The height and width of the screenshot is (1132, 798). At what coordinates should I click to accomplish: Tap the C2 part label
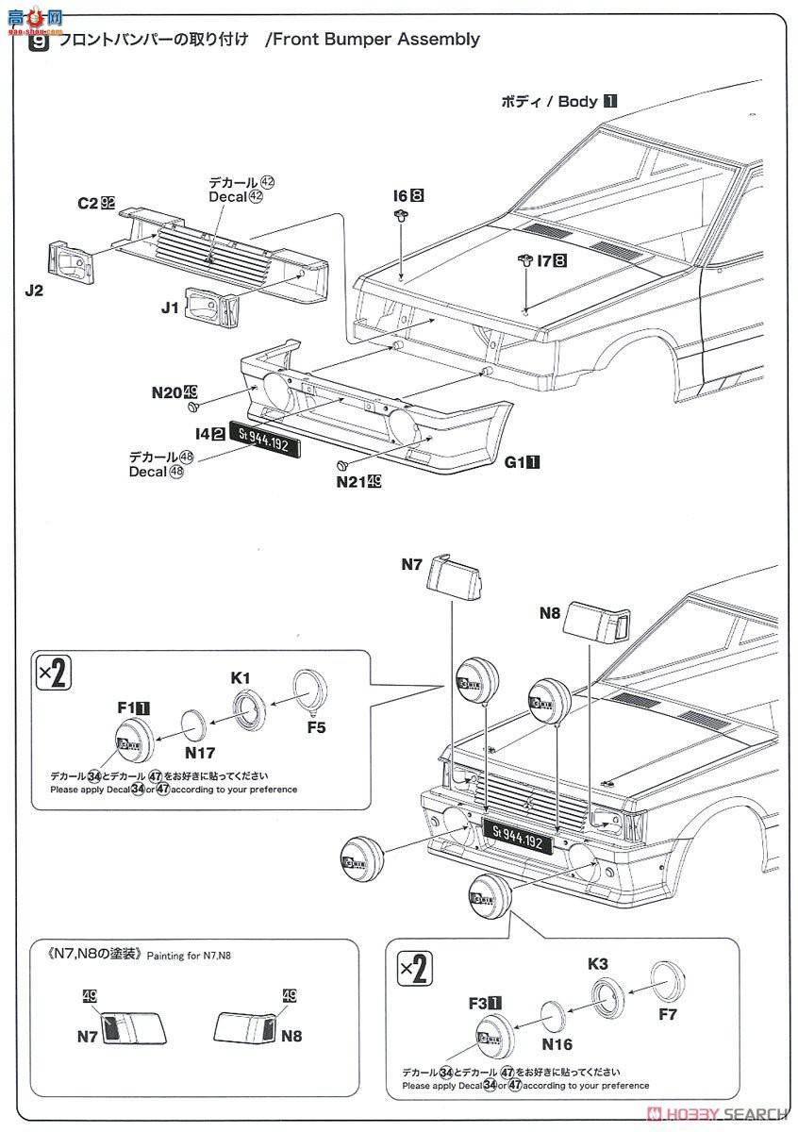click(89, 202)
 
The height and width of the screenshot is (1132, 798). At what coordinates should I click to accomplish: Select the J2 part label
click(33, 291)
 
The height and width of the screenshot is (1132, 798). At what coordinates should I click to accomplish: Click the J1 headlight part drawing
click(210, 305)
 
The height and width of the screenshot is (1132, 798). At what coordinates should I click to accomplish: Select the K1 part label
click(241, 677)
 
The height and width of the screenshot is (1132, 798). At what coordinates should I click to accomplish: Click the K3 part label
click(598, 964)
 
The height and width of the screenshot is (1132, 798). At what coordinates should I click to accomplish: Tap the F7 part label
click(668, 1016)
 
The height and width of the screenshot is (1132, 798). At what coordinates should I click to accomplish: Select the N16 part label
click(557, 1044)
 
